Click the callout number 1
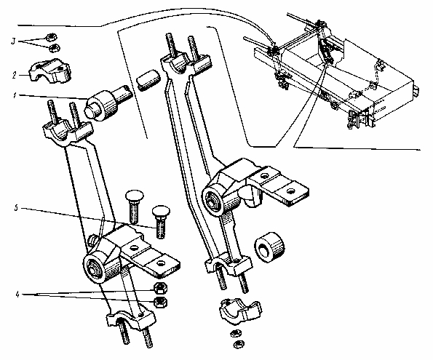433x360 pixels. (15, 95)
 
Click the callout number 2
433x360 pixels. (15, 75)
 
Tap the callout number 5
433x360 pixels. (16, 208)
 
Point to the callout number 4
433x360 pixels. (17, 295)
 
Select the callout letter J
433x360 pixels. (13, 41)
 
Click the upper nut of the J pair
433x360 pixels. (50, 36)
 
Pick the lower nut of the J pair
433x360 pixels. (54, 48)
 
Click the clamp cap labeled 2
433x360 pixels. (50, 71)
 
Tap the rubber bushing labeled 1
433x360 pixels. (107, 103)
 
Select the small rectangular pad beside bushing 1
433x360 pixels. (148, 80)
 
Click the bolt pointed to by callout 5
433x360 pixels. (160, 221)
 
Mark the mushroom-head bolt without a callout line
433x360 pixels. (133, 206)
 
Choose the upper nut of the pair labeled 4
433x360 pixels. (160, 289)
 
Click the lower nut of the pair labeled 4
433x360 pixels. (161, 302)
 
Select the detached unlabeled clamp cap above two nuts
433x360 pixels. (239, 312)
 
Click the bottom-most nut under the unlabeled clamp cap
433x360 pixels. (238, 344)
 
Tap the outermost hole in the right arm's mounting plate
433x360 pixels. (290, 191)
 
